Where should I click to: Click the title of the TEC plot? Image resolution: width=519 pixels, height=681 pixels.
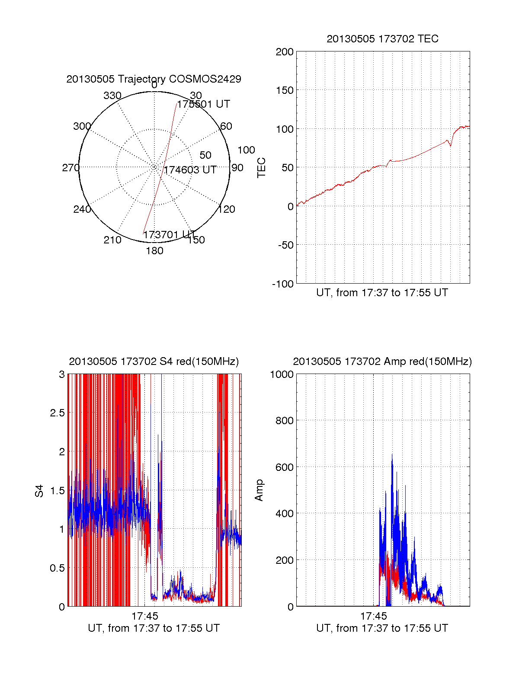(382, 39)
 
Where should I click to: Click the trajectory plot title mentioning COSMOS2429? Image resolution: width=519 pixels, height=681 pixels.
(154, 79)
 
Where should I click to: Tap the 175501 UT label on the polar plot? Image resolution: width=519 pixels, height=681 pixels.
(203, 104)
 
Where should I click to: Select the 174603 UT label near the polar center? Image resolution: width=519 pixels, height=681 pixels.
(190, 170)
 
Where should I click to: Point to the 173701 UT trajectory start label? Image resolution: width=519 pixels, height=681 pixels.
(169, 235)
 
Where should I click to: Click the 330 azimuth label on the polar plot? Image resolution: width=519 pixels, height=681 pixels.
(112, 96)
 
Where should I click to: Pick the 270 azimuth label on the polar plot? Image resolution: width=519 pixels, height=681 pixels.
(70, 168)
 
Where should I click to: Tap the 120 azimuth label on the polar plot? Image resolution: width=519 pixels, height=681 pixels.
(227, 209)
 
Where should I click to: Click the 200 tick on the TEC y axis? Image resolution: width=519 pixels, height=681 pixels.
(285, 52)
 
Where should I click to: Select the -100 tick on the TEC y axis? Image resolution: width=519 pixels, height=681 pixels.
(283, 284)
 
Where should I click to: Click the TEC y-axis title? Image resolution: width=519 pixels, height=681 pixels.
(262, 168)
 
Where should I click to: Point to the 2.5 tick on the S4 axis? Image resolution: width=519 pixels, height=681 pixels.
(57, 413)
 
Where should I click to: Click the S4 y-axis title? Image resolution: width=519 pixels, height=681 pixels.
(39, 491)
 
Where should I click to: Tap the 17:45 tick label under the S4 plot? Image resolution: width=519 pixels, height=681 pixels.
(145, 616)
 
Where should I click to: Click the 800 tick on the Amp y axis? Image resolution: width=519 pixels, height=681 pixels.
(284, 421)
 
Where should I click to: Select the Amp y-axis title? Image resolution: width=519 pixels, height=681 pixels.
(259, 490)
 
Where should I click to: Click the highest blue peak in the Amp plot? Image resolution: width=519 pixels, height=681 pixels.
(392, 455)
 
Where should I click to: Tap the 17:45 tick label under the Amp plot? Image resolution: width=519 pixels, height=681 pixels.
(373, 616)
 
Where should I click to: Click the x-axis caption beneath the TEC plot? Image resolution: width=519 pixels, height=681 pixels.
(382, 293)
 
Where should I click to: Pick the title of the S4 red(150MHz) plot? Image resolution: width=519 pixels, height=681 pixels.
(154, 361)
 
